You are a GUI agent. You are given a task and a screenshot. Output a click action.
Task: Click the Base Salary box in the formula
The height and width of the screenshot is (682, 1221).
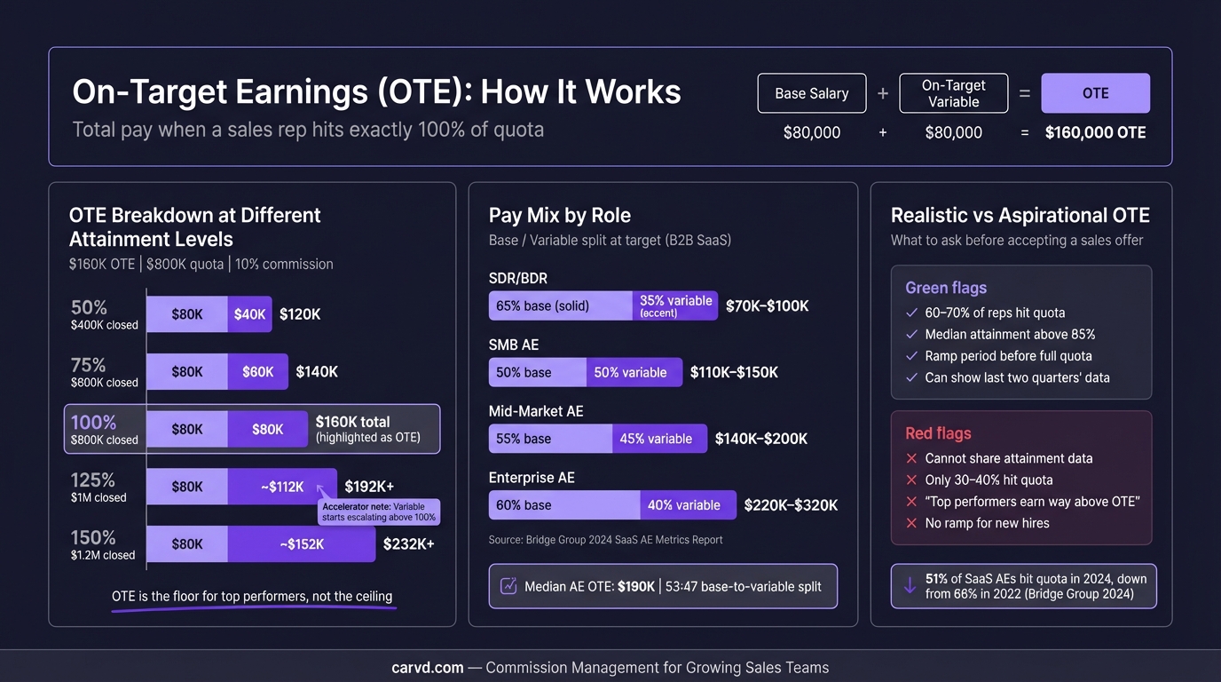[811, 93]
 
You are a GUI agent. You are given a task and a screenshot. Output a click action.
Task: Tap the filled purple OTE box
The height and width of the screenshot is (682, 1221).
[1095, 93]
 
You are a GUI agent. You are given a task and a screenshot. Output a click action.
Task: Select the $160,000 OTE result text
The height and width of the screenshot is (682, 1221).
[1095, 133]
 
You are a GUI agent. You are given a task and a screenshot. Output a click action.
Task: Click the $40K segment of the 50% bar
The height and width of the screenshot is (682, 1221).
[249, 314]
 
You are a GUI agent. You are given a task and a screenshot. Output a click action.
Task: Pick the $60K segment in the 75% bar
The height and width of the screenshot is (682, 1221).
[257, 372]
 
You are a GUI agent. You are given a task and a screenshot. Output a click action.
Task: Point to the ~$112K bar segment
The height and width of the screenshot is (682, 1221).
[282, 487]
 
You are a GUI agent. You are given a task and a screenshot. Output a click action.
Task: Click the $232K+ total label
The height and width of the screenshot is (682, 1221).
[408, 544]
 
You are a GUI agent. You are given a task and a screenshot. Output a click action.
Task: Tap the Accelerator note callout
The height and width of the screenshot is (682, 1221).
[378, 511]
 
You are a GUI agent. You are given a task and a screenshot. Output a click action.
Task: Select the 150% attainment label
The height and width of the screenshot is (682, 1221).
[93, 537]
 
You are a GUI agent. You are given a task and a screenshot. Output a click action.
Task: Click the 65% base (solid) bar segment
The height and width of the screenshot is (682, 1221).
[560, 305]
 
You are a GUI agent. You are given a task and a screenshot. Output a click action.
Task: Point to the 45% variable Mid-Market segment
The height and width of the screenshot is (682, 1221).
[659, 439]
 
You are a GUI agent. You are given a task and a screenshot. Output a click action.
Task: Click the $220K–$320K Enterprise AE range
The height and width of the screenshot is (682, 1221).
[791, 505]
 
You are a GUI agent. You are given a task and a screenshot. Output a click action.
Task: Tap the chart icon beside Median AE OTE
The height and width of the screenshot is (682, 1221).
[509, 586]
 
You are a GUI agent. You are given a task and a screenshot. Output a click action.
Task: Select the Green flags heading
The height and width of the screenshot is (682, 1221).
[945, 288]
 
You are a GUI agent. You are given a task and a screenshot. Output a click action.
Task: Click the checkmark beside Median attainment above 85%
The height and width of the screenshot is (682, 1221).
[911, 335]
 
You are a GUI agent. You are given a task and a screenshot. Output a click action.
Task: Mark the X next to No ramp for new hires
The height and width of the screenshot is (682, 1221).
[911, 523]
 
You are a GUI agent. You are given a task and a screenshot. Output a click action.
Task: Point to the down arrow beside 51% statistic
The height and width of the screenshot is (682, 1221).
[910, 586]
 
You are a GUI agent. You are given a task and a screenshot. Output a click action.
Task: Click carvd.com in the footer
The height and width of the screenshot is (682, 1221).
[427, 668]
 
